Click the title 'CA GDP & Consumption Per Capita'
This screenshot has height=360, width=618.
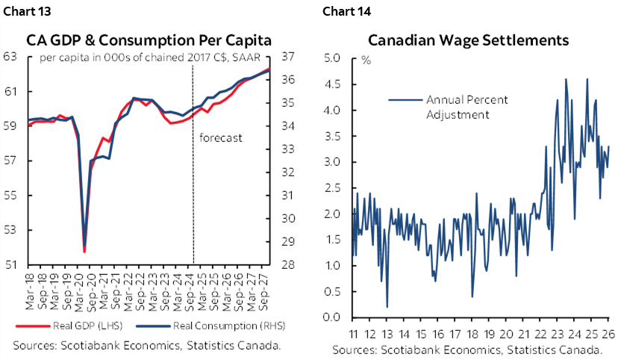point(149,40)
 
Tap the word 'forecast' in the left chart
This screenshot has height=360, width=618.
point(220,137)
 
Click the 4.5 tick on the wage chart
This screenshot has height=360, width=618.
point(334,84)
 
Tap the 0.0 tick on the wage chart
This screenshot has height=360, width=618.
point(334,317)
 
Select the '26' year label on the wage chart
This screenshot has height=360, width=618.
point(610,333)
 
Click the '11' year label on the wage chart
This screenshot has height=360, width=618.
point(352,333)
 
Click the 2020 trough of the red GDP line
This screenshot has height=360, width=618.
point(84,252)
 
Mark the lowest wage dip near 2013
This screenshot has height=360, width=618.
point(387,306)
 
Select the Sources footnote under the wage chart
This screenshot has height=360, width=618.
point(467,350)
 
